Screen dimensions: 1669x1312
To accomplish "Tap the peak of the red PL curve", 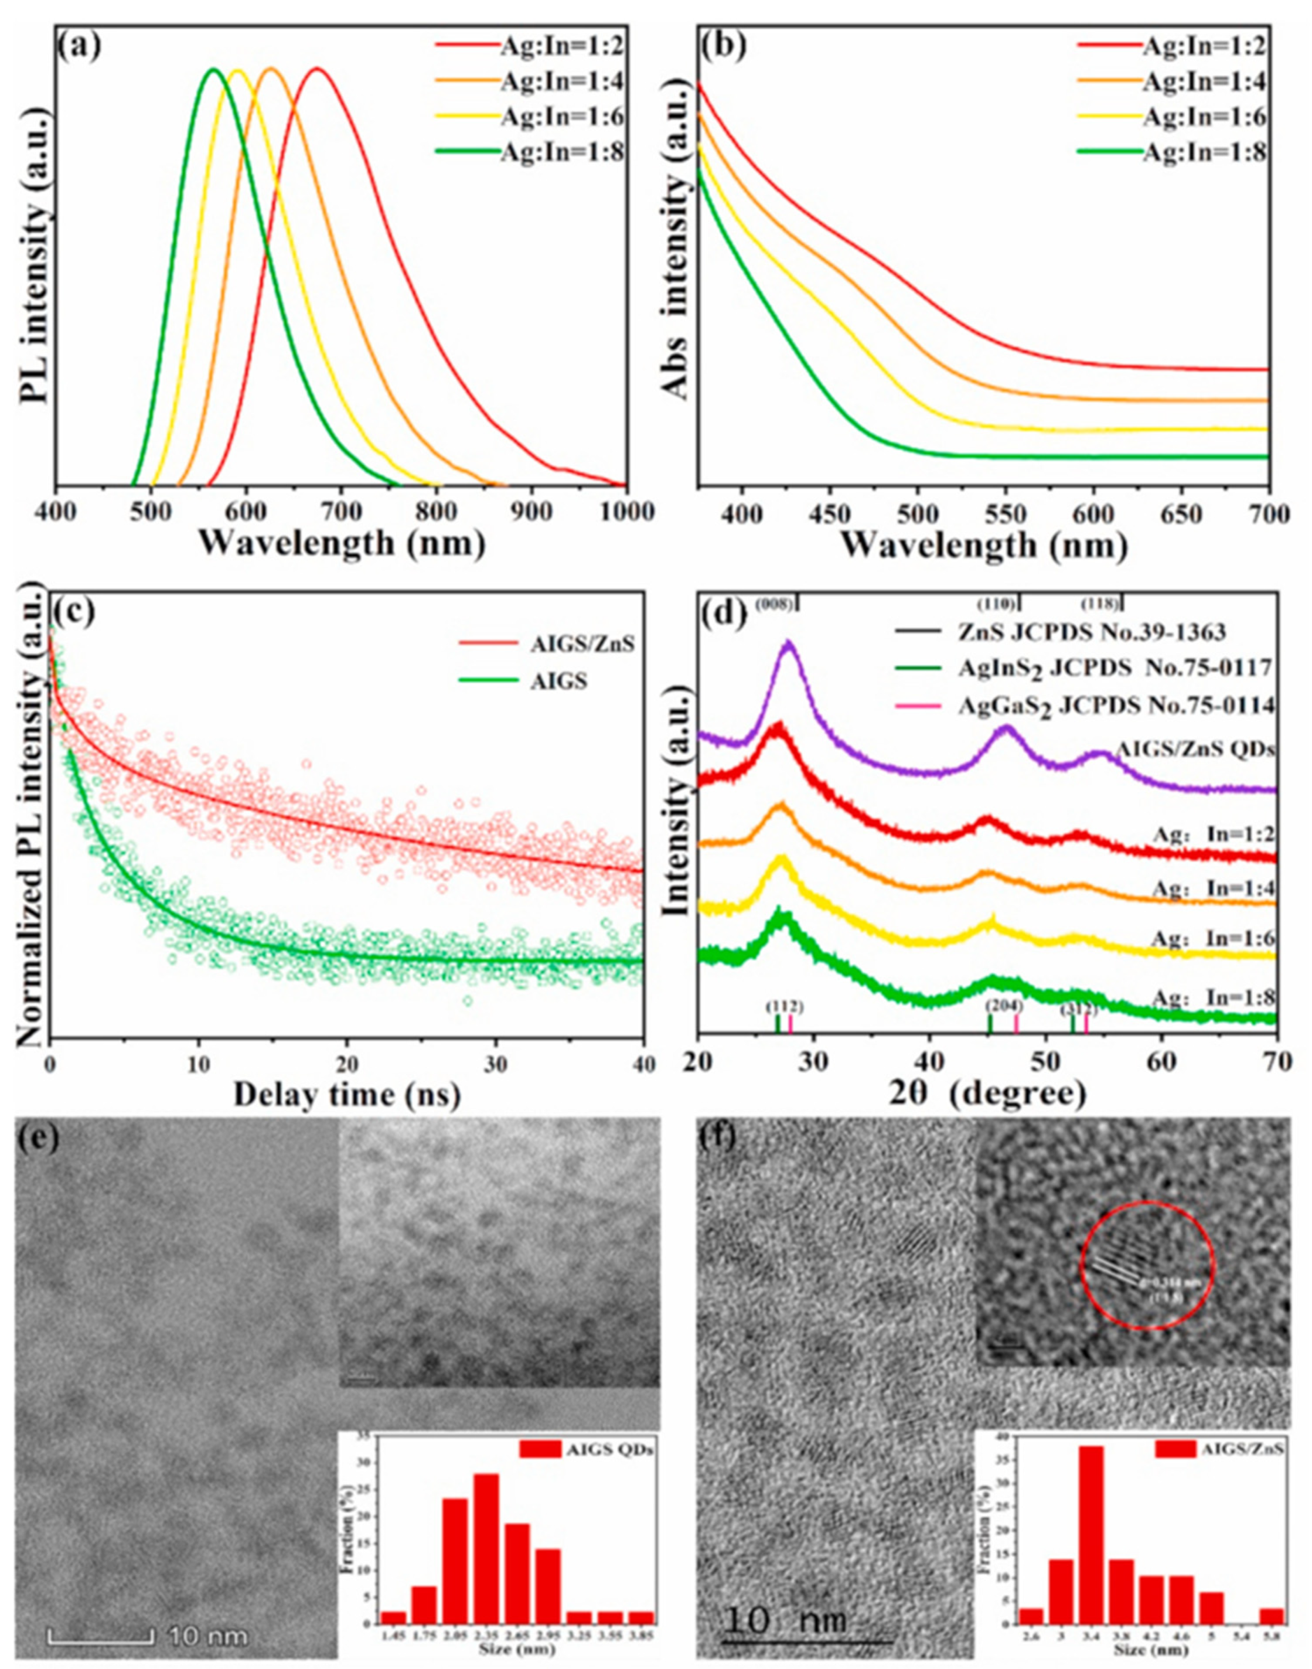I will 316,70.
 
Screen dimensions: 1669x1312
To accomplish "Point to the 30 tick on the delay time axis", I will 496,1065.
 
